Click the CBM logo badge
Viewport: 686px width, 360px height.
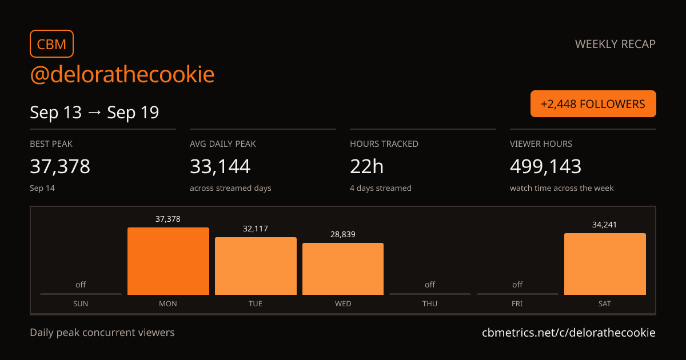click(52, 44)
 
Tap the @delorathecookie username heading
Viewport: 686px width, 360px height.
click(122, 74)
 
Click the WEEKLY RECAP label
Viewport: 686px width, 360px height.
click(615, 44)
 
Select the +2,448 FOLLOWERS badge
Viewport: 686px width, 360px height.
click(593, 104)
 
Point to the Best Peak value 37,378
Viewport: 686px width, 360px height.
click(60, 166)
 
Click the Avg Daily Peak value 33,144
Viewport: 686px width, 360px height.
click(220, 166)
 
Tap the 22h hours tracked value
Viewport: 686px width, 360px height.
click(366, 166)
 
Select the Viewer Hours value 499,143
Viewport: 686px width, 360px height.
click(545, 166)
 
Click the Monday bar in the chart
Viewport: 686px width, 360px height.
click(168, 261)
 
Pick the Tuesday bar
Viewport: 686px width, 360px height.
click(256, 266)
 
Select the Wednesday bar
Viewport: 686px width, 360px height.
click(343, 269)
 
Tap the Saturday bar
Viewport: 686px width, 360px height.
click(605, 264)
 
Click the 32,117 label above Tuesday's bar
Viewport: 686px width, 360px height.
click(256, 229)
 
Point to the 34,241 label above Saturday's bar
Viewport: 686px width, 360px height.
click(605, 225)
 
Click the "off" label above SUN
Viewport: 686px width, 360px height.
click(81, 285)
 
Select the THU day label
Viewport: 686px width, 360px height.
click(430, 303)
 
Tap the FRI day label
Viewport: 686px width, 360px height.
click(517, 303)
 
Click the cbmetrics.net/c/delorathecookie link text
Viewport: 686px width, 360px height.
click(569, 333)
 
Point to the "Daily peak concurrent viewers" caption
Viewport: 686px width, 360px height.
click(102, 333)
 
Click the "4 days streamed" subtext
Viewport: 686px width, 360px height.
click(381, 188)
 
